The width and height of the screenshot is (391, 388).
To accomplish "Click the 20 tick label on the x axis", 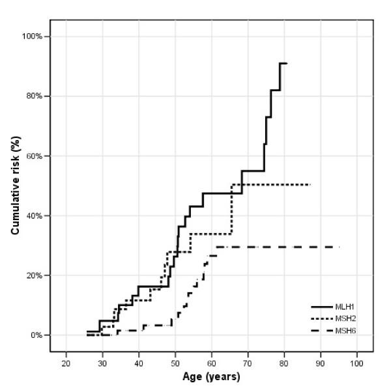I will coord(66,363).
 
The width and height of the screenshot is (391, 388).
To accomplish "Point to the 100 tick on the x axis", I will coord(356,363).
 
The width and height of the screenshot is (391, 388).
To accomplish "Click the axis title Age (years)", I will coord(211,377).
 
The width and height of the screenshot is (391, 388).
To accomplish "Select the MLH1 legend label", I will coord(346,306).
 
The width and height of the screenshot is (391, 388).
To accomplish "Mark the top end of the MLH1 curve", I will coord(285,64).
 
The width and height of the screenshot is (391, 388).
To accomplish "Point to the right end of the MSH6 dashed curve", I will coord(340,247).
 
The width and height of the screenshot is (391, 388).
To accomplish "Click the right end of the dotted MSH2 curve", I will coord(310,185).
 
